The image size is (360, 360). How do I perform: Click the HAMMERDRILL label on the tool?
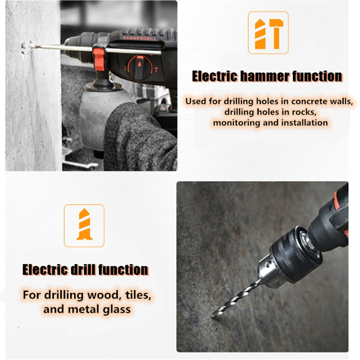139,38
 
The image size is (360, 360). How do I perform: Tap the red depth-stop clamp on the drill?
99,59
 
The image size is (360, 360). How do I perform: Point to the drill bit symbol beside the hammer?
260,34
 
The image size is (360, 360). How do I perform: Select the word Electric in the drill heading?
45,270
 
